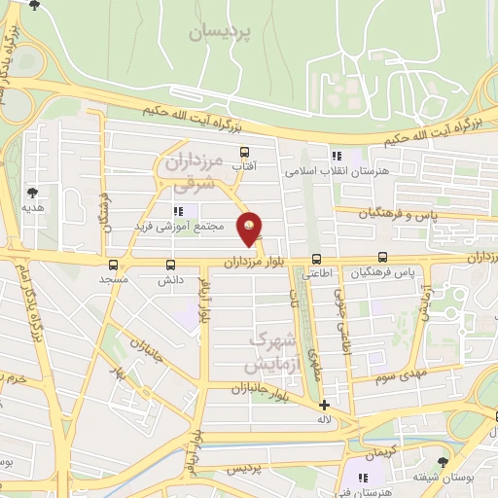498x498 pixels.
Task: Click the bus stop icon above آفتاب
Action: click(243, 152)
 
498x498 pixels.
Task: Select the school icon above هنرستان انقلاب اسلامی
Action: click(337, 155)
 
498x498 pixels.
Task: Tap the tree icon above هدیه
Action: click(33, 193)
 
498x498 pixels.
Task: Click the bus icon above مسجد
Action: click(114, 264)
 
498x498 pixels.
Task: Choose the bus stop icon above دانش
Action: click(171, 264)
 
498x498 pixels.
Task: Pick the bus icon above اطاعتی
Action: click(316, 259)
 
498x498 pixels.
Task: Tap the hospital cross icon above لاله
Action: click(324, 405)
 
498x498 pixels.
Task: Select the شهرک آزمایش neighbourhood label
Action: click(269, 352)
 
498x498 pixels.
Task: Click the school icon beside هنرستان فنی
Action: click(364, 477)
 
